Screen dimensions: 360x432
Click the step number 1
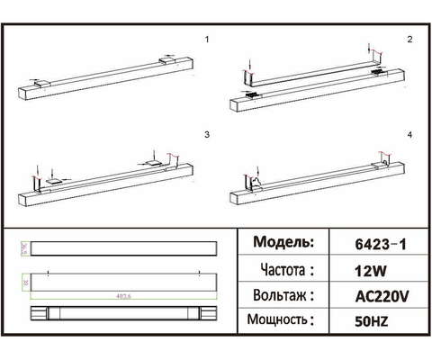click(207, 40)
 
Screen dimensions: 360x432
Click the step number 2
click(409, 40)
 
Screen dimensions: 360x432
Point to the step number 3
click(207, 133)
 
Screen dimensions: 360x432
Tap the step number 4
click(409, 133)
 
